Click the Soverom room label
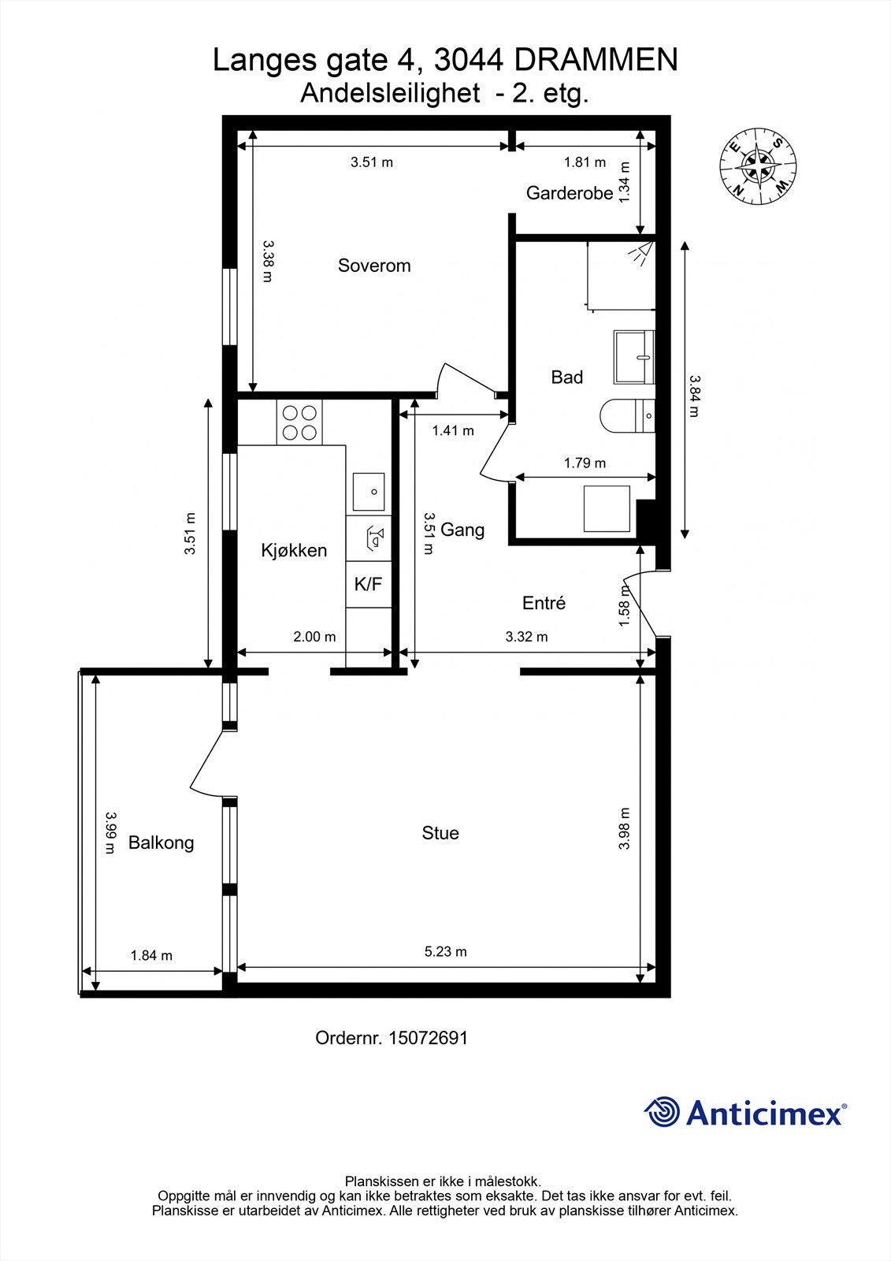[374, 265]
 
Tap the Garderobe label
[569, 193]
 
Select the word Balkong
[161, 843]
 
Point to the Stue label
[440, 832]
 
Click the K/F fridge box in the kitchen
[369, 584]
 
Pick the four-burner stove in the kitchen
[299, 422]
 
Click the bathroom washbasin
[634, 357]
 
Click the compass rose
[758, 166]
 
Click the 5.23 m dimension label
[445, 951]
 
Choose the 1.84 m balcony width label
[151, 955]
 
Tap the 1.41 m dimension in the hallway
[452, 430]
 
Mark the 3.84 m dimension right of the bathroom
[694, 396]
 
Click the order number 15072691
[428, 1038]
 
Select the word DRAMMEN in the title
[596, 60]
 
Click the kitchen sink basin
[369, 492]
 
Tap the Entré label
[544, 603]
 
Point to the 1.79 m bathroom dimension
[585, 463]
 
